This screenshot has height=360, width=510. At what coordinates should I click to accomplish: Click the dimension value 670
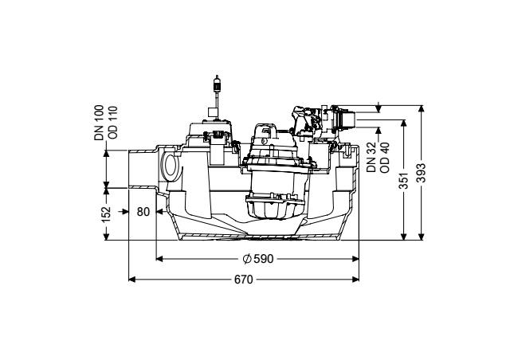[x=244, y=280]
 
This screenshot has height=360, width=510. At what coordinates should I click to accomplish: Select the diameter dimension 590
[x=258, y=259]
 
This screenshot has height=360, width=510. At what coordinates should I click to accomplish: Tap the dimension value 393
[x=422, y=173]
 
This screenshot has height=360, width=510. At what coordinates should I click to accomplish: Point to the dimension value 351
[x=404, y=180]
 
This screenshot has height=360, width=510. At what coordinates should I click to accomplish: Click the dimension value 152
[x=106, y=214]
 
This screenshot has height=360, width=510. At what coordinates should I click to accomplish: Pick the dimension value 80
[x=143, y=212]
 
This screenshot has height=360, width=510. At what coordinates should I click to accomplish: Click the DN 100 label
[x=99, y=123]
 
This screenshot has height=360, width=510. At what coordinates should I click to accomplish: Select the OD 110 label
[x=113, y=123]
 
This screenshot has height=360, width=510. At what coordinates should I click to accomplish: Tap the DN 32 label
[x=371, y=157]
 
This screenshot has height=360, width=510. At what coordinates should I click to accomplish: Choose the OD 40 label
[x=385, y=158]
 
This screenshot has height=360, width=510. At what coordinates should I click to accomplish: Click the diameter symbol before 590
[x=247, y=259]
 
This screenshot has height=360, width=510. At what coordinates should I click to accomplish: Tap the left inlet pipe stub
[x=143, y=169]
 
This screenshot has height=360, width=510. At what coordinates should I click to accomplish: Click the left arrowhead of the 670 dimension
[x=131, y=280]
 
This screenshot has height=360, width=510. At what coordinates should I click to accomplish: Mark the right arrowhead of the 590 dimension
[x=355, y=259]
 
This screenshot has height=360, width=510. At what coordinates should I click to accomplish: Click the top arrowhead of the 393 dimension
[x=422, y=108]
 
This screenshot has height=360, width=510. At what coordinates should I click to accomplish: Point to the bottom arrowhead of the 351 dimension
[x=404, y=237]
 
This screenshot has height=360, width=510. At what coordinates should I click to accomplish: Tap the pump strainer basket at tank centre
[x=273, y=206]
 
